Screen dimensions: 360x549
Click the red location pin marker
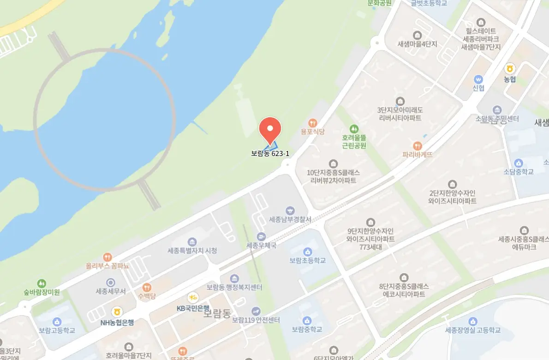(270, 129)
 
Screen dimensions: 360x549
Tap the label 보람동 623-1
(270, 153)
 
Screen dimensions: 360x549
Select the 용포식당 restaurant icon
(313, 123)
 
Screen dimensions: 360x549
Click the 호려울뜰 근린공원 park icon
(354, 128)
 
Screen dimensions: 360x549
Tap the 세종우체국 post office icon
(262, 236)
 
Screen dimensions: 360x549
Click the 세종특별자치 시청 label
(192, 251)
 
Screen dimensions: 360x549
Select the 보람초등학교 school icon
(307, 251)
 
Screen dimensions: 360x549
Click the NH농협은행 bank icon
(117, 312)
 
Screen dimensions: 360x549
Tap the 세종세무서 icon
(111, 282)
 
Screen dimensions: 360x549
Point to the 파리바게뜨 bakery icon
(418, 146)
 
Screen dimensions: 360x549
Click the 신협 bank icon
(478, 79)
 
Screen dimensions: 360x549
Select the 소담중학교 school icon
(519, 163)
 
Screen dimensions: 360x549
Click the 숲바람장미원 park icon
(42, 283)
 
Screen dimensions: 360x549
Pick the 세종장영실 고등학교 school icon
(472, 321)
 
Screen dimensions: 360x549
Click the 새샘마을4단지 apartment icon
(418, 35)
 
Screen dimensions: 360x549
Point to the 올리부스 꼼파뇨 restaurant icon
(107, 257)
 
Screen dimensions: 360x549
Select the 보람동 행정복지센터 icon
(234, 278)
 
